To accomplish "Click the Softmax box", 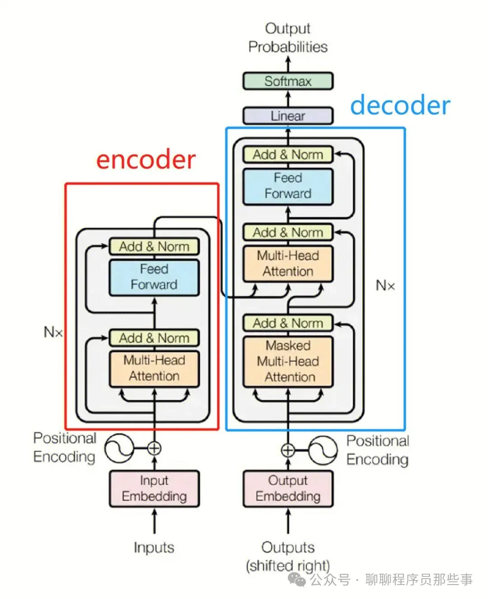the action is pos(288,81).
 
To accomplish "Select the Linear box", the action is pos(288,116).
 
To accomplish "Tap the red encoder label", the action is pos(146,160).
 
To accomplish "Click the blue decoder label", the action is pos(400,105).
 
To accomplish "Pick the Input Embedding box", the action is pos(155,489).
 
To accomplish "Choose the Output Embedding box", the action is pos(288,489).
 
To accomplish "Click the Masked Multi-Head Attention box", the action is pos(288,361).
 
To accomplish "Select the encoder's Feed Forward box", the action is pos(155,277).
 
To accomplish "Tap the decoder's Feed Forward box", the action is pos(288,186).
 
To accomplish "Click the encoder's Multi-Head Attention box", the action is pos(155,369).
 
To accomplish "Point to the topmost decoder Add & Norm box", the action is pos(288,155).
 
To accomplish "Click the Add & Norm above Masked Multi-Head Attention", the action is pos(288,323).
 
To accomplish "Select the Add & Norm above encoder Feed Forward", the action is pos(155,246).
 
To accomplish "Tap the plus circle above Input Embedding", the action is pos(155,448).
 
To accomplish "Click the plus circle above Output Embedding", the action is pos(288,450).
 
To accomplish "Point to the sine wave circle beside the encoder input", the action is pos(119,448).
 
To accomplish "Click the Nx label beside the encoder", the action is pos(53,332).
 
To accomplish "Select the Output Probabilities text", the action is pos(288,38).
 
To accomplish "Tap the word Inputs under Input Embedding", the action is pos(154,548).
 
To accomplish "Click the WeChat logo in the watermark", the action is pos(296,580).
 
